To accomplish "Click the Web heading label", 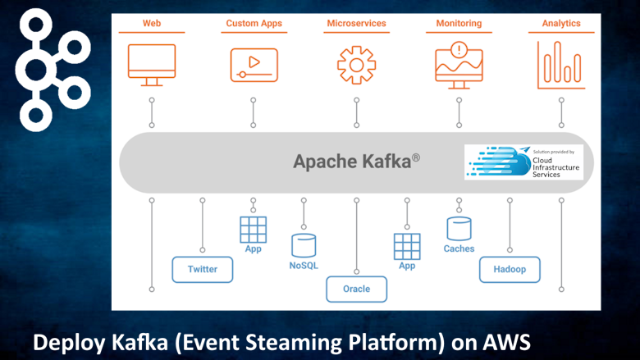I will click(152, 23).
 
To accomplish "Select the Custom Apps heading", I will click(254, 23).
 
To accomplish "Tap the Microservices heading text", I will click(356, 23).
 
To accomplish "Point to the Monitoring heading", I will click(459, 23).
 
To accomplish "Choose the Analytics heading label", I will click(561, 23).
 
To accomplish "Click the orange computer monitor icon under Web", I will click(152, 62).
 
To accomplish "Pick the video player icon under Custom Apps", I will click(254, 63).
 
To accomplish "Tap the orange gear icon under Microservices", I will click(356, 64).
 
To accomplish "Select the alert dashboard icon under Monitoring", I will click(459, 63).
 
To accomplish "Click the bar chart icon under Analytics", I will click(561, 64).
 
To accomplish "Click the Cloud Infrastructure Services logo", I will click(523, 162).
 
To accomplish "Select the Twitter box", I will click(202, 269).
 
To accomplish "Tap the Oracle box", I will click(356, 289).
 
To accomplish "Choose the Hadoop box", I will click(510, 269).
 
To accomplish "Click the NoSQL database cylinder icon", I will click(304, 245).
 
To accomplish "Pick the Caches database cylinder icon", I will click(459, 229).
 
